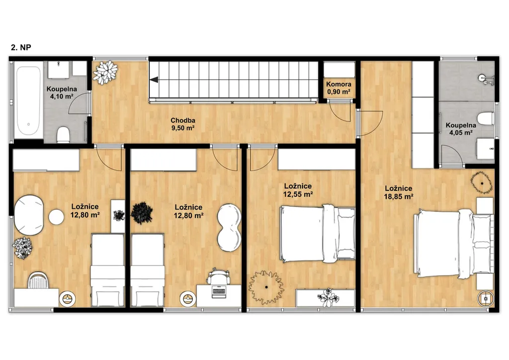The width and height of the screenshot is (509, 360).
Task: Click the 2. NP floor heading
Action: [21, 47]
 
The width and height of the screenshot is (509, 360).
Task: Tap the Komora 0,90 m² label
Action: [339, 88]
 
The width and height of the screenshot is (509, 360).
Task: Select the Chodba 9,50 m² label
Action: [183, 124]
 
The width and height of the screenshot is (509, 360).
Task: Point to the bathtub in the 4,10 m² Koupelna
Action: [28, 100]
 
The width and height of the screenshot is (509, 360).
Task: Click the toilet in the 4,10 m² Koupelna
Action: [63, 135]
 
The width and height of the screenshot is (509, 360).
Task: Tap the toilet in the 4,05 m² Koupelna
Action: [486, 118]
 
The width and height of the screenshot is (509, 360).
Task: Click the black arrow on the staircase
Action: [154, 80]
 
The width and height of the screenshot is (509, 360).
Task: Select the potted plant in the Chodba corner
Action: [105, 73]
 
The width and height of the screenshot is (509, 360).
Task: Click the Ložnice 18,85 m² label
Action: [398, 192]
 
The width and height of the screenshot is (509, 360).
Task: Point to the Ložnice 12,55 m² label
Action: [298, 190]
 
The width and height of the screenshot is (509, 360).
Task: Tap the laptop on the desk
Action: [218, 291]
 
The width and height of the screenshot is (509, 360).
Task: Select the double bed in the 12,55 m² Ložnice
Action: [317, 233]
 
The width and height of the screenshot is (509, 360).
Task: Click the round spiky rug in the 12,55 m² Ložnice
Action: [266, 287]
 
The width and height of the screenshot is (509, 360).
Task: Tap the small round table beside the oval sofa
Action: [57, 217]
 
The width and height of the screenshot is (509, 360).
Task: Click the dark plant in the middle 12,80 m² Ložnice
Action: [142, 213]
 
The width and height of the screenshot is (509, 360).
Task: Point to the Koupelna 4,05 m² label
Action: [461, 129]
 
